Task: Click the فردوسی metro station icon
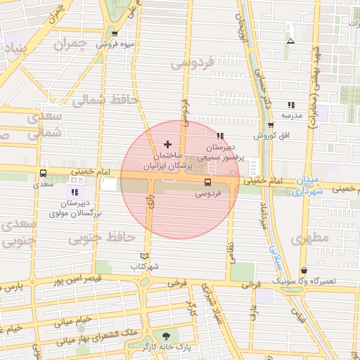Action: click(207, 182)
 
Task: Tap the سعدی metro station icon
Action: click(44, 173)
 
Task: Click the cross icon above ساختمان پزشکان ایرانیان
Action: click(167, 143)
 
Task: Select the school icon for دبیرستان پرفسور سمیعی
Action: click(220, 136)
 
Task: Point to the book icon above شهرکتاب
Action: click(146, 257)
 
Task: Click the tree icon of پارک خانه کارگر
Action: click(166, 336)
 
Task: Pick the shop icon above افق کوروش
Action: click(271, 125)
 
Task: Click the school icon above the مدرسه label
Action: click(291, 105)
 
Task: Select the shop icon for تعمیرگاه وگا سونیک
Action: click(304, 270)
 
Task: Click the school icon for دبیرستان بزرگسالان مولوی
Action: click(75, 191)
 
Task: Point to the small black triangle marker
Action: click(290, 41)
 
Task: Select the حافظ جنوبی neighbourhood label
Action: click(101, 238)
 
